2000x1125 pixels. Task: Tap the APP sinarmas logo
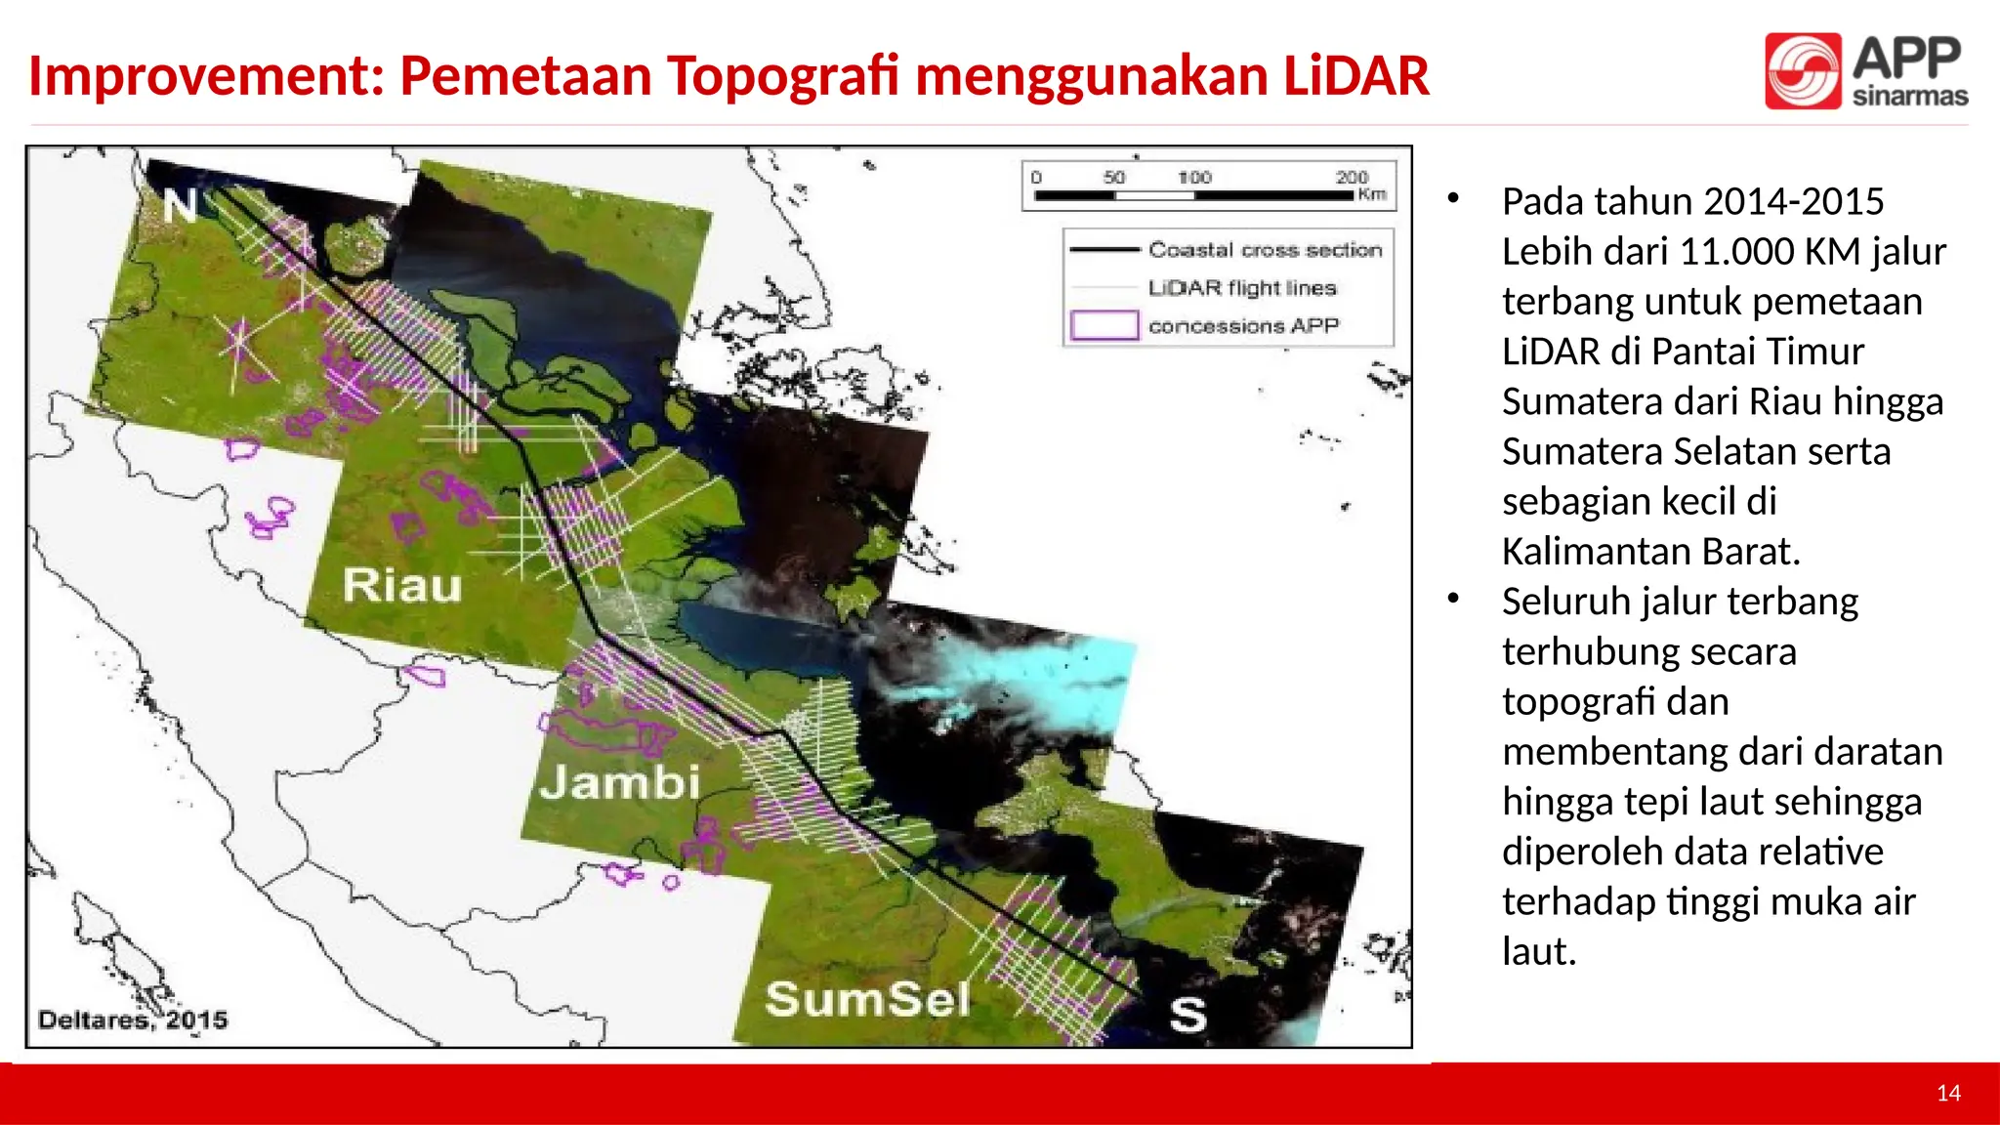pyautogui.click(x=1865, y=70)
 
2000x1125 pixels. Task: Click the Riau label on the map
pyautogui.click(x=402, y=586)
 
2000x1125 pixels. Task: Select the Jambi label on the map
pyautogui.click(x=620, y=782)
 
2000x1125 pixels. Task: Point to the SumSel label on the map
pyautogui.click(x=867, y=999)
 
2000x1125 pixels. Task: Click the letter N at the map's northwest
pyautogui.click(x=180, y=206)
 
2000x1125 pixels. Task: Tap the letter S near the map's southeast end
pyautogui.click(x=1187, y=1016)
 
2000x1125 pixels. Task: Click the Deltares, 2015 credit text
pyautogui.click(x=133, y=1021)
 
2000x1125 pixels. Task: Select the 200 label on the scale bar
pyautogui.click(x=1352, y=177)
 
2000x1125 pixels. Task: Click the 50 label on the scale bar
pyautogui.click(x=1113, y=177)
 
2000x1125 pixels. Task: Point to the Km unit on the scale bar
pyautogui.click(x=1371, y=194)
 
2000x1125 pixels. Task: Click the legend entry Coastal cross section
pyautogui.click(x=1265, y=250)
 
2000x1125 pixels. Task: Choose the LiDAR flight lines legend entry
pyautogui.click(x=1241, y=288)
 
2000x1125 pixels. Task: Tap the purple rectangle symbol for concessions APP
pyautogui.click(x=1104, y=325)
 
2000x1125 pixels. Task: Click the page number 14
pyautogui.click(x=1948, y=1094)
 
